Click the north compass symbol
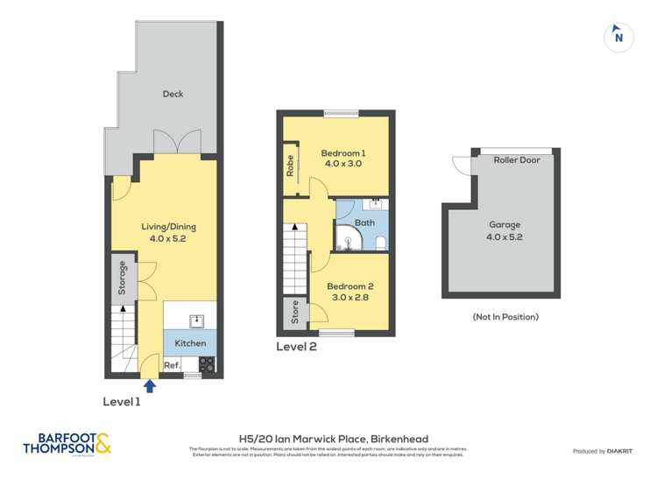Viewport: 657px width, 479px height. (x=618, y=36)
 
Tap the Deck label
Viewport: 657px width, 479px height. (x=173, y=94)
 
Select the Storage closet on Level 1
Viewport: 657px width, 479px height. (x=124, y=278)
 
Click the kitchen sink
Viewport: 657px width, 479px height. (x=197, y=319)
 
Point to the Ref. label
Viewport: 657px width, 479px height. (x=173, y=365)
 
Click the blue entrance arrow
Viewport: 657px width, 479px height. (x=149, y=384)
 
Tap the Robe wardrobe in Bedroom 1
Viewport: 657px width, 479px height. (x=289, y=166)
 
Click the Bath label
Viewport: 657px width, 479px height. (x=364, y=223)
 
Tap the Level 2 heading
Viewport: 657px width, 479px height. (x=296, y=346)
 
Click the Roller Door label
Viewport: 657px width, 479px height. (x=517, y=160)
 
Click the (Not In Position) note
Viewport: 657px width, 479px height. (x=505, y=316)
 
